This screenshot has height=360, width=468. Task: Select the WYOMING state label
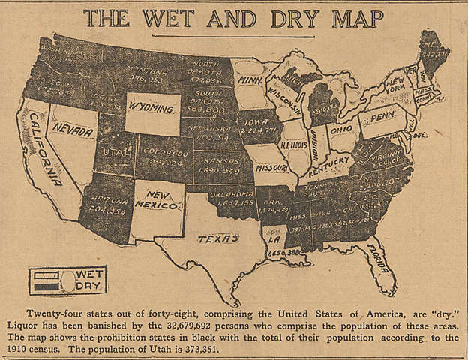click(x=151, y=109)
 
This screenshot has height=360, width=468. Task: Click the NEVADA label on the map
click(x=73, y=133)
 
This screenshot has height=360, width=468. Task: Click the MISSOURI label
click(x=270, y=168)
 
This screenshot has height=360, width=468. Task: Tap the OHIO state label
click(x=343, y=127)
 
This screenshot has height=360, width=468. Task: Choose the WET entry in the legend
click(x=88, y=274)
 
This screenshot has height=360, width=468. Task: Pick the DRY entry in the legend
click(x=88, y=286)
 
